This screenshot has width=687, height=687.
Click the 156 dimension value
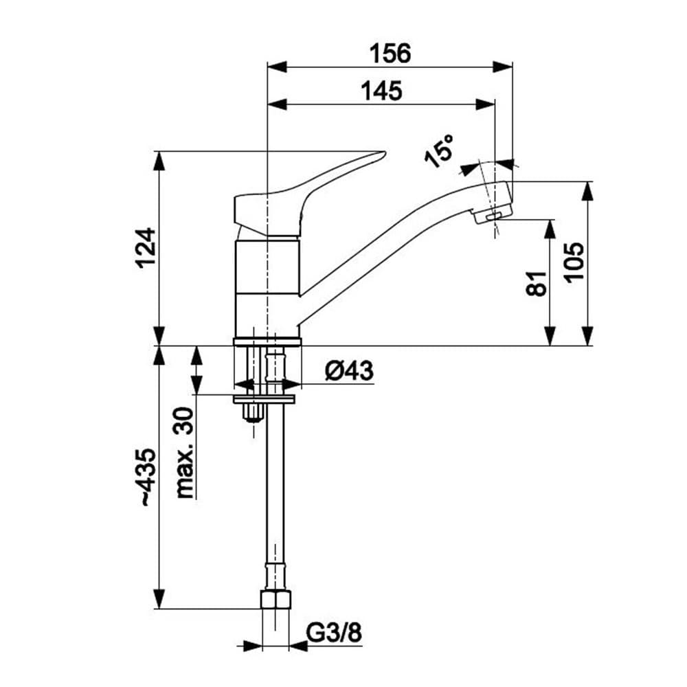click(x=390, y=53)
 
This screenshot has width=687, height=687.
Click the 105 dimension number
click(x=574, y=261)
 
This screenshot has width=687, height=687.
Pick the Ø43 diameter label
click(x=348, y=371)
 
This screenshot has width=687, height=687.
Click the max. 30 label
click(x=185, y=451)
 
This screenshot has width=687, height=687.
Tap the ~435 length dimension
click(x=146, y=477)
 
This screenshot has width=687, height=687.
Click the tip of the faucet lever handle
click(x=381, y=154)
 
